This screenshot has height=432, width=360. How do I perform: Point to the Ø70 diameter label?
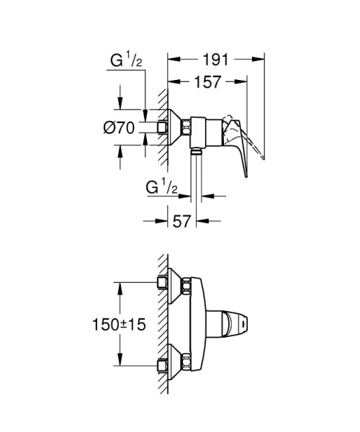tap(120, 128)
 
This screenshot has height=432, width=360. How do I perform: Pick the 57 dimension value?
tap(183, 222)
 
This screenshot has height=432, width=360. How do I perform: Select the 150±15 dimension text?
tap(119, 325)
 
